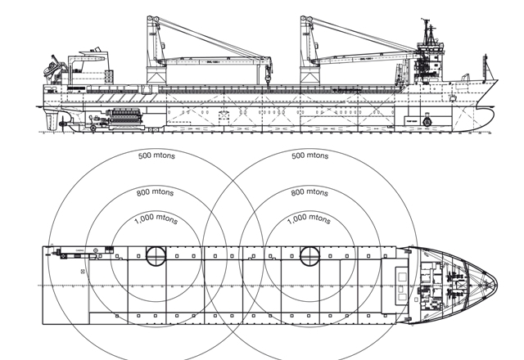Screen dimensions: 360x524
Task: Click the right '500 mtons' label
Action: (309, 155)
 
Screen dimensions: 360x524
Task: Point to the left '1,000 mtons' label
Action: (156, 220)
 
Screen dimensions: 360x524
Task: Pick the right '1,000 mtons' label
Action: (310, 220)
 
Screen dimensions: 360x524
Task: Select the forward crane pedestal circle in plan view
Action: (309, 254)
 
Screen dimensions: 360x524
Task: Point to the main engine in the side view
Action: (124, 119)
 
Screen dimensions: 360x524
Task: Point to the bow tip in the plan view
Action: (496, 285)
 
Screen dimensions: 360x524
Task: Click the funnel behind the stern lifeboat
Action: (86, 57)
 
